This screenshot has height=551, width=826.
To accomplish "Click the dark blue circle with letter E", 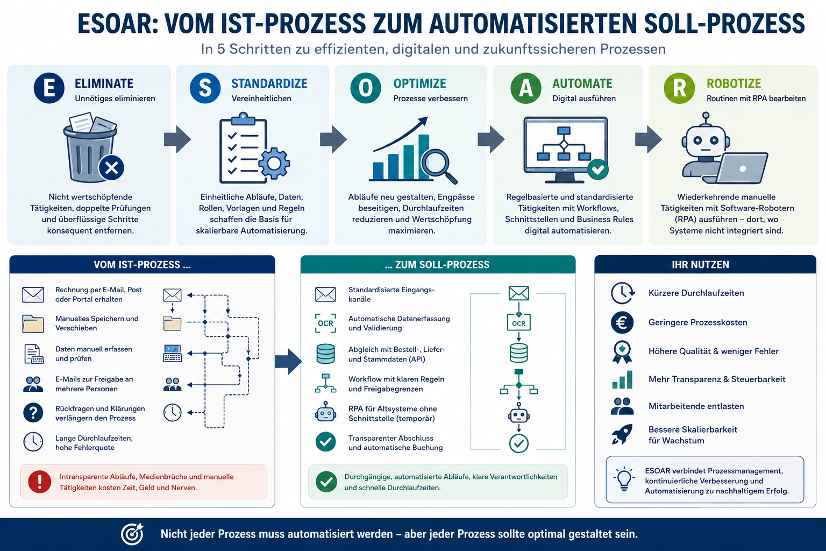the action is pyautogui.click(x=49, y=88).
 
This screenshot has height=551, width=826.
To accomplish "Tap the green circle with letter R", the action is pyautogui.click(x=679, y=88).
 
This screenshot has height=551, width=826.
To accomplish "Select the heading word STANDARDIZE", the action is pyautogui.click(x=269, y=84).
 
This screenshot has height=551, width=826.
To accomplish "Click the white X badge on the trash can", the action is pyautogui.click(x=111, y=168).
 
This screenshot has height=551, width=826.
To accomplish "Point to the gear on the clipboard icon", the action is pyautogui.click(x=274, y=163).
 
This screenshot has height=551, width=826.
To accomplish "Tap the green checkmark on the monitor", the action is pyautogui.click(x=598, y=169).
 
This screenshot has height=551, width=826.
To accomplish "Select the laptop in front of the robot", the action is pyautogui.click(x=736, y=168).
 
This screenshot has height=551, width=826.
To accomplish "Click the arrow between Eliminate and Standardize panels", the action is pyautogui.click(x=177, y=139).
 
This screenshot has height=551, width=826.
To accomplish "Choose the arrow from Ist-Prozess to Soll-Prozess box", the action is pyautogui.click(x=288, y=362).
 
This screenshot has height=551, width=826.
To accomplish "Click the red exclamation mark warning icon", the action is pyautogui.click(x=39, y=482).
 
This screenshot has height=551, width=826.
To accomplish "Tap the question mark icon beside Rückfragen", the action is pyautogui.click(x=33, y=413).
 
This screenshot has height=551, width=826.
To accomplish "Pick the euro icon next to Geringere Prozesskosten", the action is pyautogui.click(x=622, y=322).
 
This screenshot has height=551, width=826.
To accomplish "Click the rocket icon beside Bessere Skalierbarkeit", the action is pyautogui.click(x=622, y=434).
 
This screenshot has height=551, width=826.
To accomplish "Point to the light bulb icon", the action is pyautogui.click(x=624, y=479).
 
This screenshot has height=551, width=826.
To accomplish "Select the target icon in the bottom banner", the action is pyautogui.click(x=132, y=534).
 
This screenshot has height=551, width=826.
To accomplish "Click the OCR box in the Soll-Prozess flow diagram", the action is pyautogui.click(x=518, y=323).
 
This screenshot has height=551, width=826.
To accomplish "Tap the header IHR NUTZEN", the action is pyautogui.click(x=700, y=265).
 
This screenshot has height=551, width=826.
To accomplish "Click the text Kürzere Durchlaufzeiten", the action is pyautogui.click(x=696, y=293).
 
